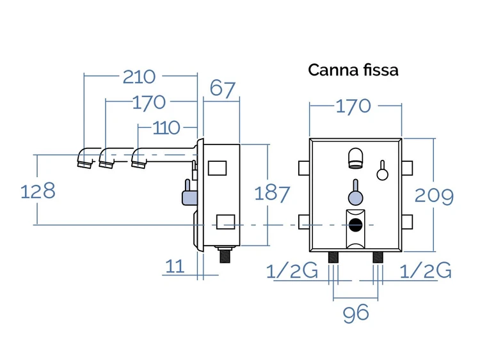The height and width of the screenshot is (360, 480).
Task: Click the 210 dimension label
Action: [x=139, y=77]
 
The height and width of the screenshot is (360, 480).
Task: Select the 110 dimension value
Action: [x=166, y=128]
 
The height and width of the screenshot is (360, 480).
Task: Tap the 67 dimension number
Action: [x=223, y=89]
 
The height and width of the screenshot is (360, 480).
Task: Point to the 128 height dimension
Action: [x=38, y=191]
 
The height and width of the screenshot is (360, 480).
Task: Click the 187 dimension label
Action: [x=272, y=193]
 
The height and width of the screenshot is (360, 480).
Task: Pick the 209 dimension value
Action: [x=434, y=196]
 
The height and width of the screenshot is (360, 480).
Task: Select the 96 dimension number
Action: [x=356, y=313]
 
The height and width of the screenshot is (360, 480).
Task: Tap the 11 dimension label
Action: [x=175, y=266]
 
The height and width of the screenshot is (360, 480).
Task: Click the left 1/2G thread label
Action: [x=292, y=270]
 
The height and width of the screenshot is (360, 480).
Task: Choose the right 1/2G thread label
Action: [x=426, y=270]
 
